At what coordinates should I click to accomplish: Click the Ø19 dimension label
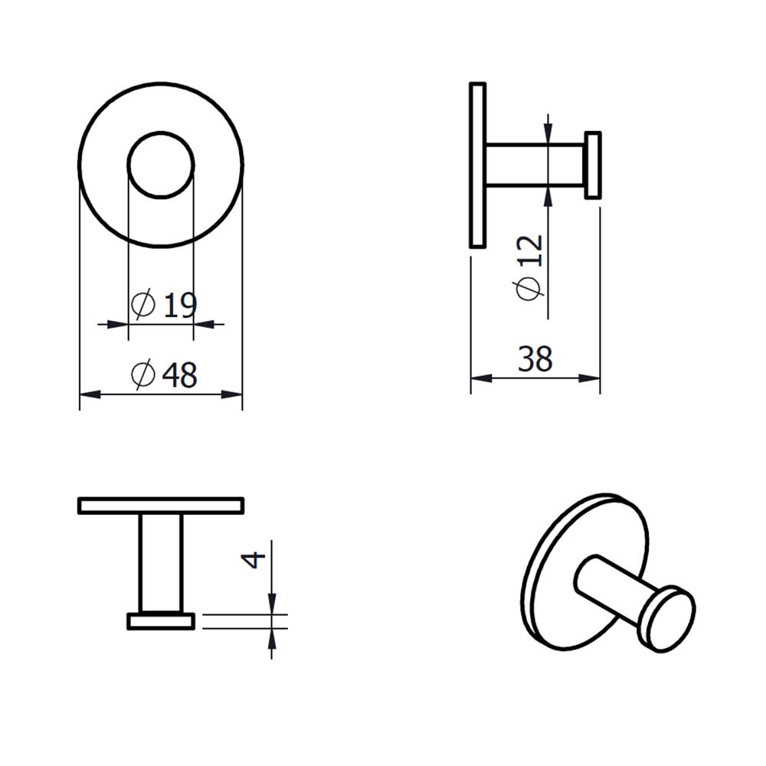pos(164,305)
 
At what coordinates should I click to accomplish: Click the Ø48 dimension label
pos(164,375)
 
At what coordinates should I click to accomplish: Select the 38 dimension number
pos(535,359)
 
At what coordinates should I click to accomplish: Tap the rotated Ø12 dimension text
pos(529,267)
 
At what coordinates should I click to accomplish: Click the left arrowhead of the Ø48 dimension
pos(90,394)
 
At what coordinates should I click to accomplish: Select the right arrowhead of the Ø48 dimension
pos(231,394)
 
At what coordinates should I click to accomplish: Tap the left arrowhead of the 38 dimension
pos(481,378)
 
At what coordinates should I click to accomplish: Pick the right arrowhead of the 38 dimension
pos(589,378)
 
